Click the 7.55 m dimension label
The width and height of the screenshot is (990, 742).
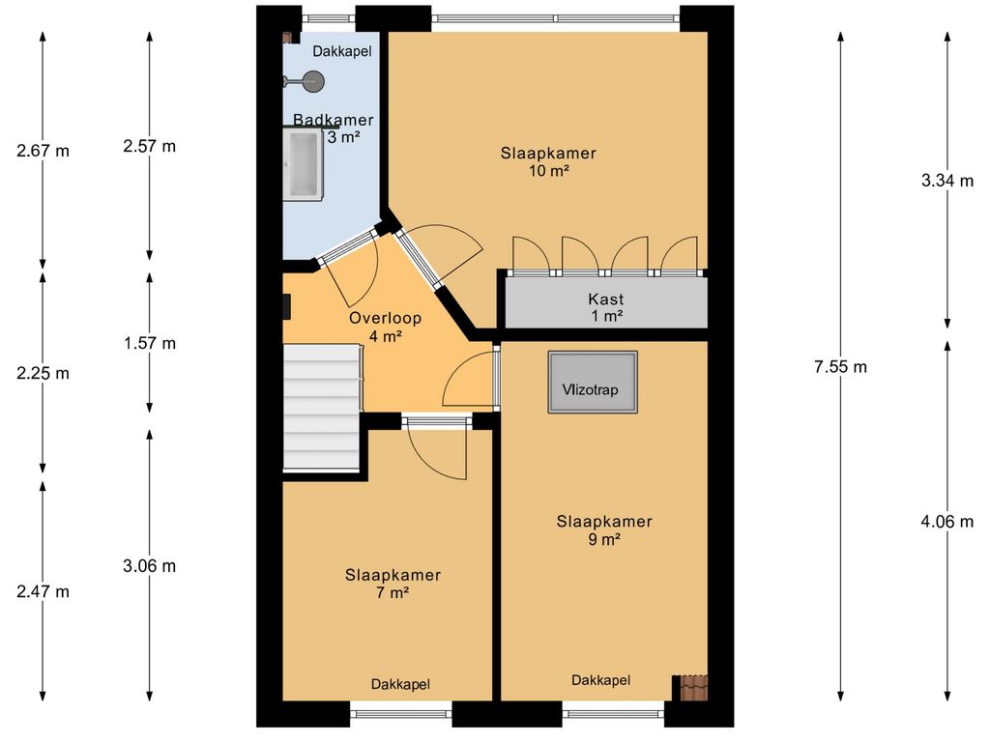[x=840, y=366]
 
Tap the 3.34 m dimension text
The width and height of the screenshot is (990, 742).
[x=947, y=181]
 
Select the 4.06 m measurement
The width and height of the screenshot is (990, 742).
[x=947, y=521]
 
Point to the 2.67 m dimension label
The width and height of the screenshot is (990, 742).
[x=43, y=151]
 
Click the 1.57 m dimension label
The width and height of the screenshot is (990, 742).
[x=150, y=343]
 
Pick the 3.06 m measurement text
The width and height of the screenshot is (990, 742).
[x=150, y=566]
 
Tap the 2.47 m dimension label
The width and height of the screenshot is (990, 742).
[x=43, y=592]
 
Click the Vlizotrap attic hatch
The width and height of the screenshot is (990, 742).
[x=593, y=383]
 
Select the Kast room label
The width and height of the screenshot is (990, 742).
[x=606, y=300]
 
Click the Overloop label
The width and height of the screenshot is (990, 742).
[x=385, y=318]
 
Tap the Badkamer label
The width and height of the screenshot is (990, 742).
[x=334, y=120]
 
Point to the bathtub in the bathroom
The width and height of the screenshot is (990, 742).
[x=303, y=164]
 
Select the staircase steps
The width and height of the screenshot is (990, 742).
[x=322, y=407]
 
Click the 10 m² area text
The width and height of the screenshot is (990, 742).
[x=549, y=170]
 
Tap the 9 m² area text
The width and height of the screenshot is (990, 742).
[x=604, y=539]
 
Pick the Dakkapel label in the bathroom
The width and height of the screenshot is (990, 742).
[x=342, y=52]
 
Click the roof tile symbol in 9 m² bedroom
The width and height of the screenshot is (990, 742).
[x=694, y=688]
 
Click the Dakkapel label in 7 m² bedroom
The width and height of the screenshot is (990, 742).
[x=400, y=685]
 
